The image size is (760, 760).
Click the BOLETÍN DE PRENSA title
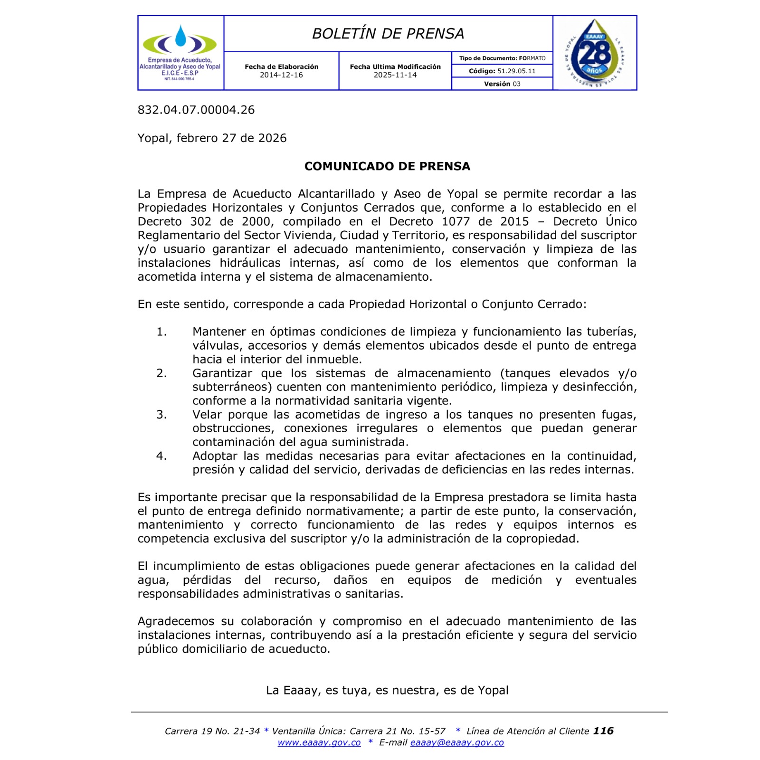tap(388, 34)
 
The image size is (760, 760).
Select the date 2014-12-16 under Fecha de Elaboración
tap(281, 75)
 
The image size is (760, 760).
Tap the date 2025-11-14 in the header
tap(395, 75)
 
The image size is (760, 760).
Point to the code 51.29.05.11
tap(516, 71)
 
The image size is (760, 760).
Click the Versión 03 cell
tap(502, 84)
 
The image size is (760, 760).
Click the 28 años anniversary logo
tap(595, 53)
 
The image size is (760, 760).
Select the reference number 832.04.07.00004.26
tap(196, 110)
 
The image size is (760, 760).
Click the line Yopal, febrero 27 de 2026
tap(212, 138)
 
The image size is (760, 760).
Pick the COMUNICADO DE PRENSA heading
tap(387, 166)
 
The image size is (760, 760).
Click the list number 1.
tap(161, 332)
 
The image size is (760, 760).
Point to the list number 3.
tap(161, 415)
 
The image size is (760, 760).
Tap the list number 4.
tap(161, 456)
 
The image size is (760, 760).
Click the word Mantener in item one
tap(219, 332)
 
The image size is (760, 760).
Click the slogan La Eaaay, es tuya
tap(387, 690)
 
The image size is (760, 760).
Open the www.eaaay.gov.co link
tap(319, 742)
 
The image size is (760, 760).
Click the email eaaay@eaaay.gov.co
tap(457, 742)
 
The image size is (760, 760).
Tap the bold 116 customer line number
tap(603, 731)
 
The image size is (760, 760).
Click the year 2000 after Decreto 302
tap(256, 222)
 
